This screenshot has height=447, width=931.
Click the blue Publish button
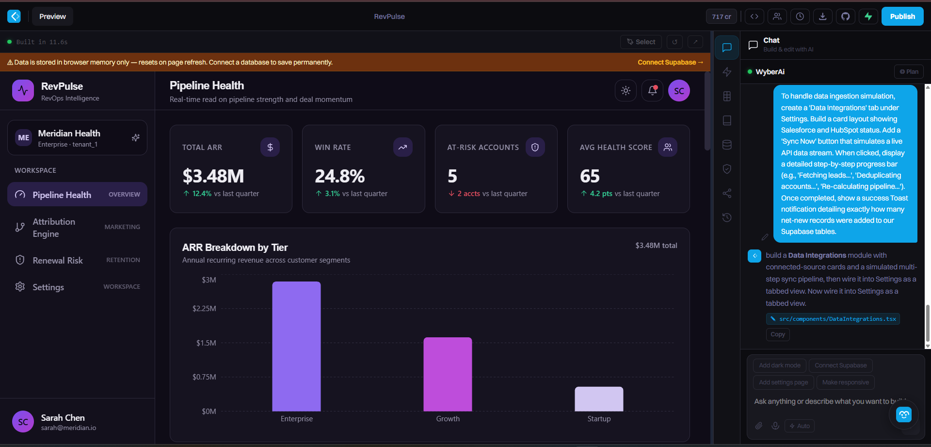tap(902, 17)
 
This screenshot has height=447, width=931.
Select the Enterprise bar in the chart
tap(296, 346)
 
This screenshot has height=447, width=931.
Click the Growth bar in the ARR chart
tap(448, 374)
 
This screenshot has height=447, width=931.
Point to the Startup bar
tap(599, 399)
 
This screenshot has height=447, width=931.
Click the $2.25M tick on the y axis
tap(204, 309)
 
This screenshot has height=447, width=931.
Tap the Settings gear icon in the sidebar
tap(20, 287)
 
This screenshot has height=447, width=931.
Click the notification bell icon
tap(652, 91)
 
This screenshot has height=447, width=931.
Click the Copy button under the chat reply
tap(778, 334)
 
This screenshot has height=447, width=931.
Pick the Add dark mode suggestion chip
tap(780, 365)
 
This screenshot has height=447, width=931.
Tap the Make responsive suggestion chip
tap(846, 382)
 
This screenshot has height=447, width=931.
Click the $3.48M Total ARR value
tap(213, 176)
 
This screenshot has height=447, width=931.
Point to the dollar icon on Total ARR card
tap(270, 147)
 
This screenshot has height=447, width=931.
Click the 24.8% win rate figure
tap(339, 176)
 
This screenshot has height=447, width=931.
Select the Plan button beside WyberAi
tap(909, 72)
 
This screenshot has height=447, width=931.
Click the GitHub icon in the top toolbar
tap(845, 17)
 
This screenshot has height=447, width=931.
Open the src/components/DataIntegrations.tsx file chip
tap(833, 319)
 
